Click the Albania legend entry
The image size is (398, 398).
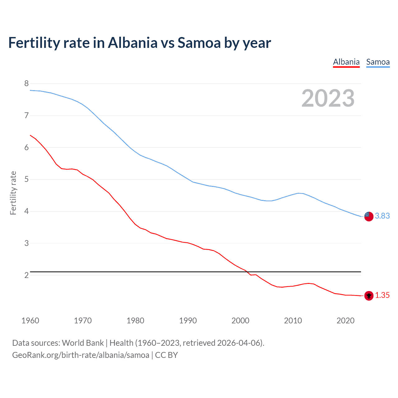(346, 62)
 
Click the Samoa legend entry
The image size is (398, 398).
(378, 62)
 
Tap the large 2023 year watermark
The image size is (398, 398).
(328, 98)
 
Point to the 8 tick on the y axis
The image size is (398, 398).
(26, 83)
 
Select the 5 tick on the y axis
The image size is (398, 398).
(26, 179)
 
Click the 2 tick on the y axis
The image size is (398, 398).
(26, 275)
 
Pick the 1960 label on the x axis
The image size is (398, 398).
(30, 321)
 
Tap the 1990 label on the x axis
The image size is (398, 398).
(188, 321)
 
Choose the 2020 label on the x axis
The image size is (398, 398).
(345, 321)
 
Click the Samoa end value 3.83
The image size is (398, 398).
(382, 216)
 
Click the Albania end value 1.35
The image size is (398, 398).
(382, 295)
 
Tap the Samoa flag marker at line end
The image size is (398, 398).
(369, 216)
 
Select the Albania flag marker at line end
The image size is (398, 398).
(369, 296)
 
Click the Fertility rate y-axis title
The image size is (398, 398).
(13, 193)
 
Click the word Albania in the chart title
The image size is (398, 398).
(133, 43)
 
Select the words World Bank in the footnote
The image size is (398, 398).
(83, 343)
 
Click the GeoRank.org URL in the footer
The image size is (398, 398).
(81, 355)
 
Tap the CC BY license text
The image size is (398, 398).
(166, 355)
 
